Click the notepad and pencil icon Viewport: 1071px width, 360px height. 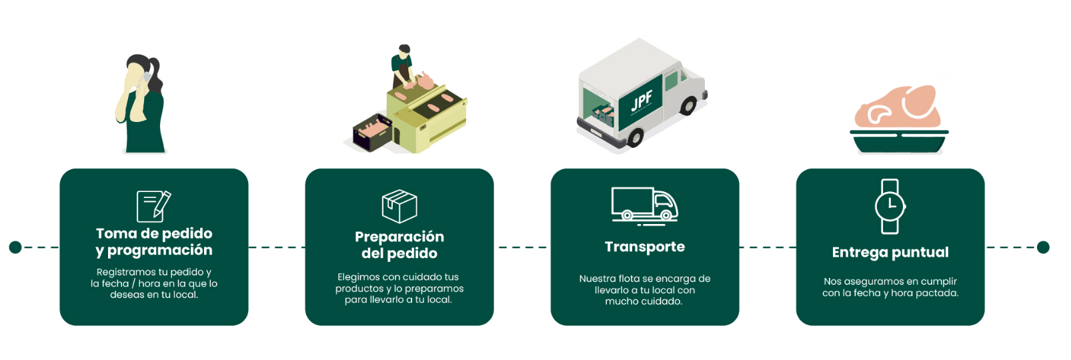click(153, 206)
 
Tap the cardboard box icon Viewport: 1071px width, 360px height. click(399, 206)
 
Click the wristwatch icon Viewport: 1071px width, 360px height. click(890, 207)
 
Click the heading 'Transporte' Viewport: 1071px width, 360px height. click(644, 247)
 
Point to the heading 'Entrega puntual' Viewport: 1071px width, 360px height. click(890, 253)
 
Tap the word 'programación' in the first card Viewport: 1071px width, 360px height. click(159, 251)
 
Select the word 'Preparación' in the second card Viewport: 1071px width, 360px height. click(399, 237)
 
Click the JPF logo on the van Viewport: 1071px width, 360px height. click(641, 101)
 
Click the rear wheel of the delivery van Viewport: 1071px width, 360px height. click(635, 137)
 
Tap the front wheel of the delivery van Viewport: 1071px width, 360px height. click(688, 105)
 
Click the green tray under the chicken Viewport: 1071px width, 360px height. click(899, 141)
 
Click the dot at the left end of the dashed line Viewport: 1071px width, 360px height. click(15, 247)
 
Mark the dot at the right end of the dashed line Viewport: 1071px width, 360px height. click(1043, 247)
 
